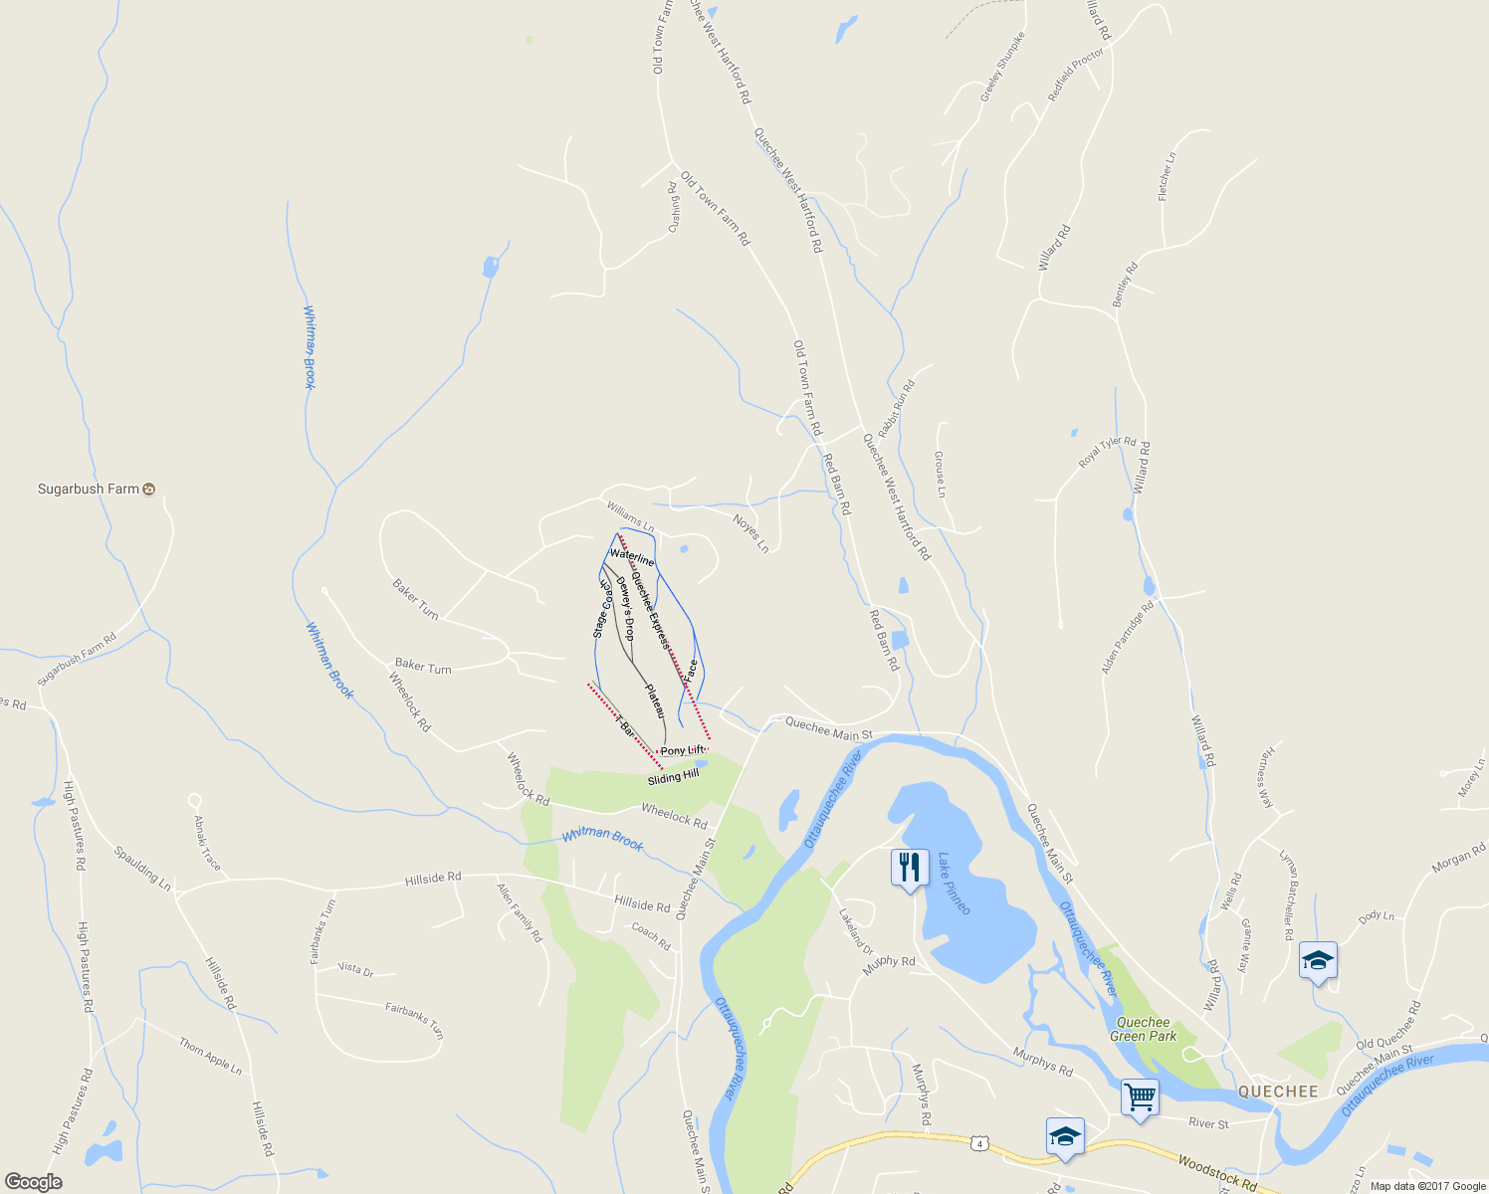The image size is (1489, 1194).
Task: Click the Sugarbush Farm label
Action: (89, 489)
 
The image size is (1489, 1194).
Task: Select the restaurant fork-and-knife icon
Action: (910, 868)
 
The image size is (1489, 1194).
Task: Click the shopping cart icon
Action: (1140, 1098)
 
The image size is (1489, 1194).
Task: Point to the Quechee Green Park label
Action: (1144, 1029)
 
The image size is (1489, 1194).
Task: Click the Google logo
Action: (33, 1182)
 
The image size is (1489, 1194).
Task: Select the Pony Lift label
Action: (683, 750)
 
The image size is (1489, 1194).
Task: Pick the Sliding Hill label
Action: (673, 777)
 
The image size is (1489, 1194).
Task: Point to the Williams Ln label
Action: (630, 516)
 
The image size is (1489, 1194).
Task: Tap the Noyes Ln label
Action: (751, 532)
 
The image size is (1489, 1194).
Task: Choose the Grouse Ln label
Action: (940, 474)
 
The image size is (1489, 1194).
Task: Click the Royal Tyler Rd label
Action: (1107, 453)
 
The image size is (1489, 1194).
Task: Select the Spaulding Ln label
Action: (142, 868)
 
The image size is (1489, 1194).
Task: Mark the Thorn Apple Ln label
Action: (210, 1056)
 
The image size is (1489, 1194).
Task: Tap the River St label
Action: (1208, 1123)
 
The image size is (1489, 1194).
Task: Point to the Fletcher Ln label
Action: (1167, 177)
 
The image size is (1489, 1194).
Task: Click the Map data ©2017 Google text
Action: (1427, 1186)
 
